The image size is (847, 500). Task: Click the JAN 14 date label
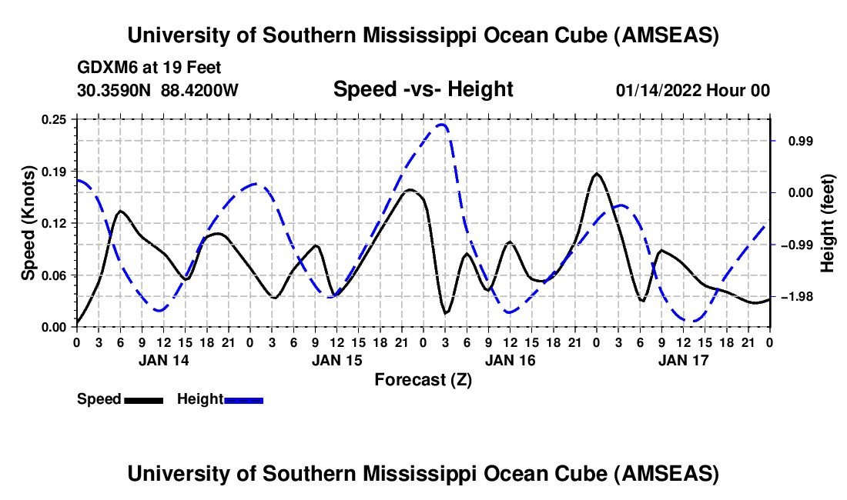163,359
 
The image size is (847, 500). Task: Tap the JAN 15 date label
336,359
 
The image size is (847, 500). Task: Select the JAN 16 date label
510,359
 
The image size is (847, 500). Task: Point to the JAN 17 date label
683,359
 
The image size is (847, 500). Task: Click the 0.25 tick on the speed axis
56,119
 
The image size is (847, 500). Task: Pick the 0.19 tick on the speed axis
56,171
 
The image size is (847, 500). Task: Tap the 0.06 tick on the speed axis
56,275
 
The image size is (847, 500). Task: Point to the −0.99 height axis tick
796,245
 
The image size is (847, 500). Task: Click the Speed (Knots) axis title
28,223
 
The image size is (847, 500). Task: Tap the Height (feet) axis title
828,223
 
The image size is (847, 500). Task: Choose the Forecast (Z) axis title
423,379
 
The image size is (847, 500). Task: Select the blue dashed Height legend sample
243,399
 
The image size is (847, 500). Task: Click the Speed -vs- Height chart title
423,90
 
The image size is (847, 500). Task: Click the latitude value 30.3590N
115,91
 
